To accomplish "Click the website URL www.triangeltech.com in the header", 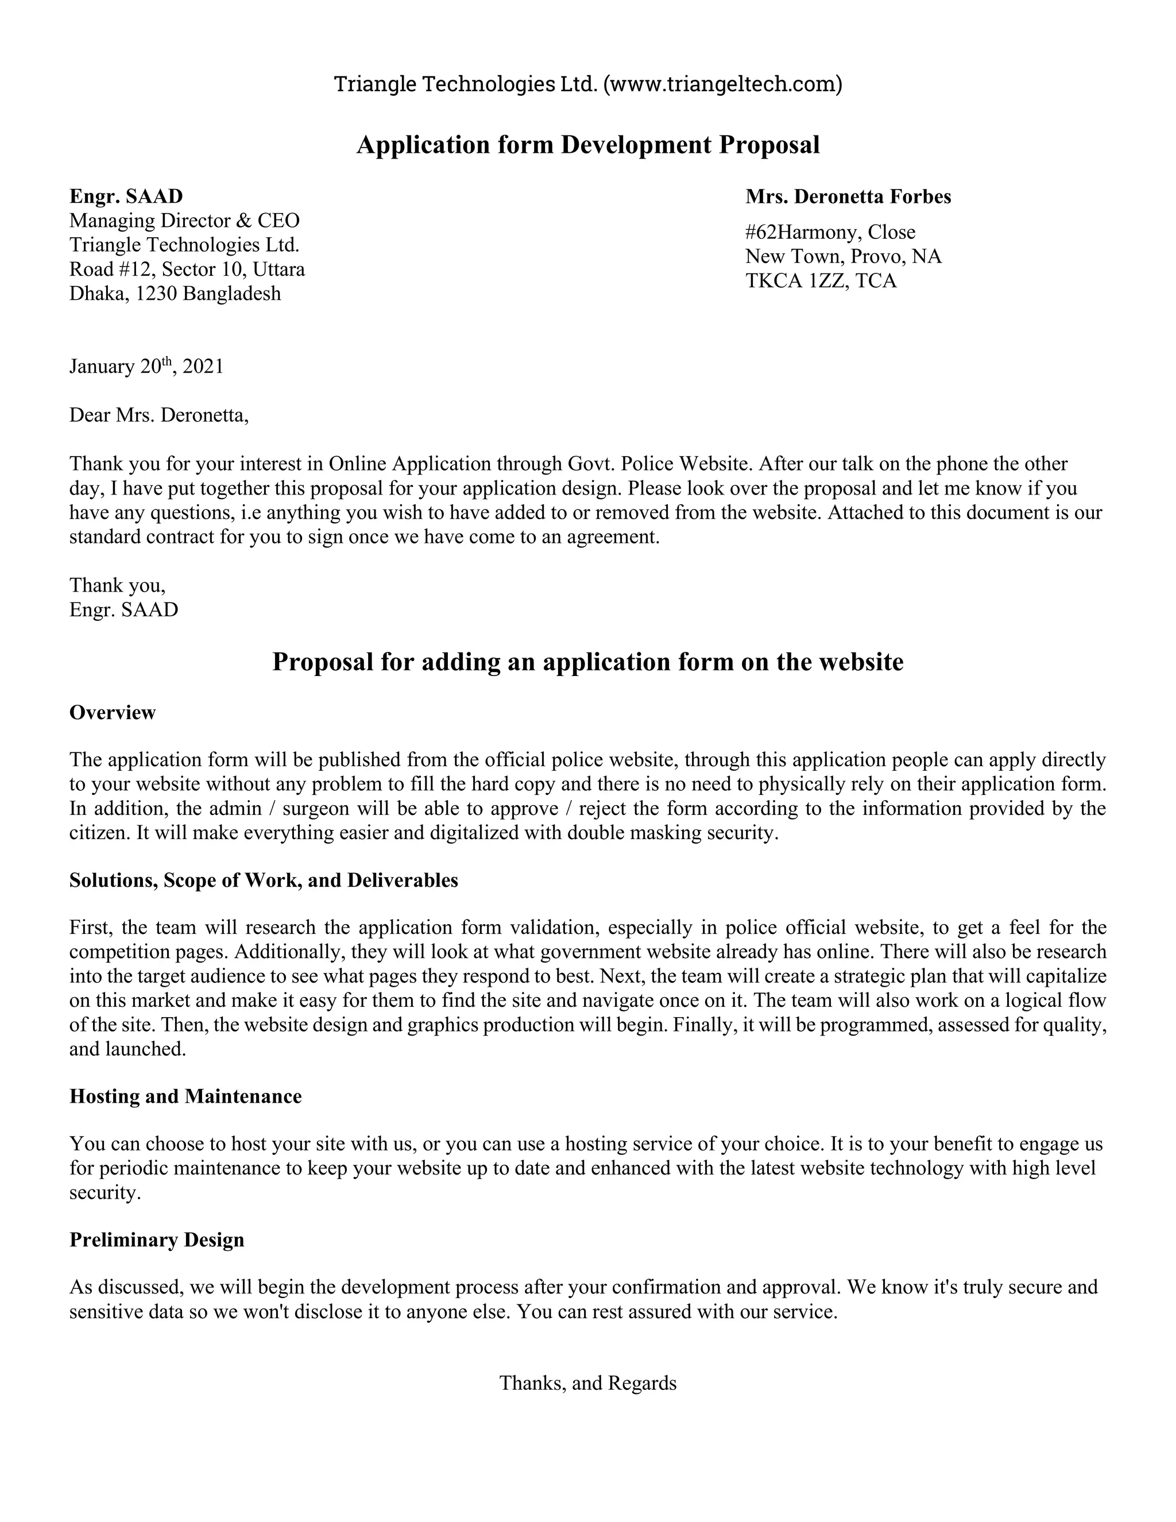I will [x=722, y=84].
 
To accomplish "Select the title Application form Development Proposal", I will [x=588, y=145].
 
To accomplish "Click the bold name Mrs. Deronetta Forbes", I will [x=848, y=196].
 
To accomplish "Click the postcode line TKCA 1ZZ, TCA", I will [x=821, y=281].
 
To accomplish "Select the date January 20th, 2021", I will [x=146, y=366].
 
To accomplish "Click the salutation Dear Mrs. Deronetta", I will [x=159, y=415].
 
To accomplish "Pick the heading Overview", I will [x=112, y=712].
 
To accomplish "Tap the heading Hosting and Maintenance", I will [x=185, y=1096].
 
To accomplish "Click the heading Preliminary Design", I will [x=157, y=1240].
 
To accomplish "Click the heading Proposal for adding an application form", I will [x=587, y=661].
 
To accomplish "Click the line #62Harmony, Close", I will [x=830, y=232].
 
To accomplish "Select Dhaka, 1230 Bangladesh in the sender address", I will [x=175, y=293].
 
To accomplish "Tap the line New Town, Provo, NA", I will [x=843, y=257].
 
